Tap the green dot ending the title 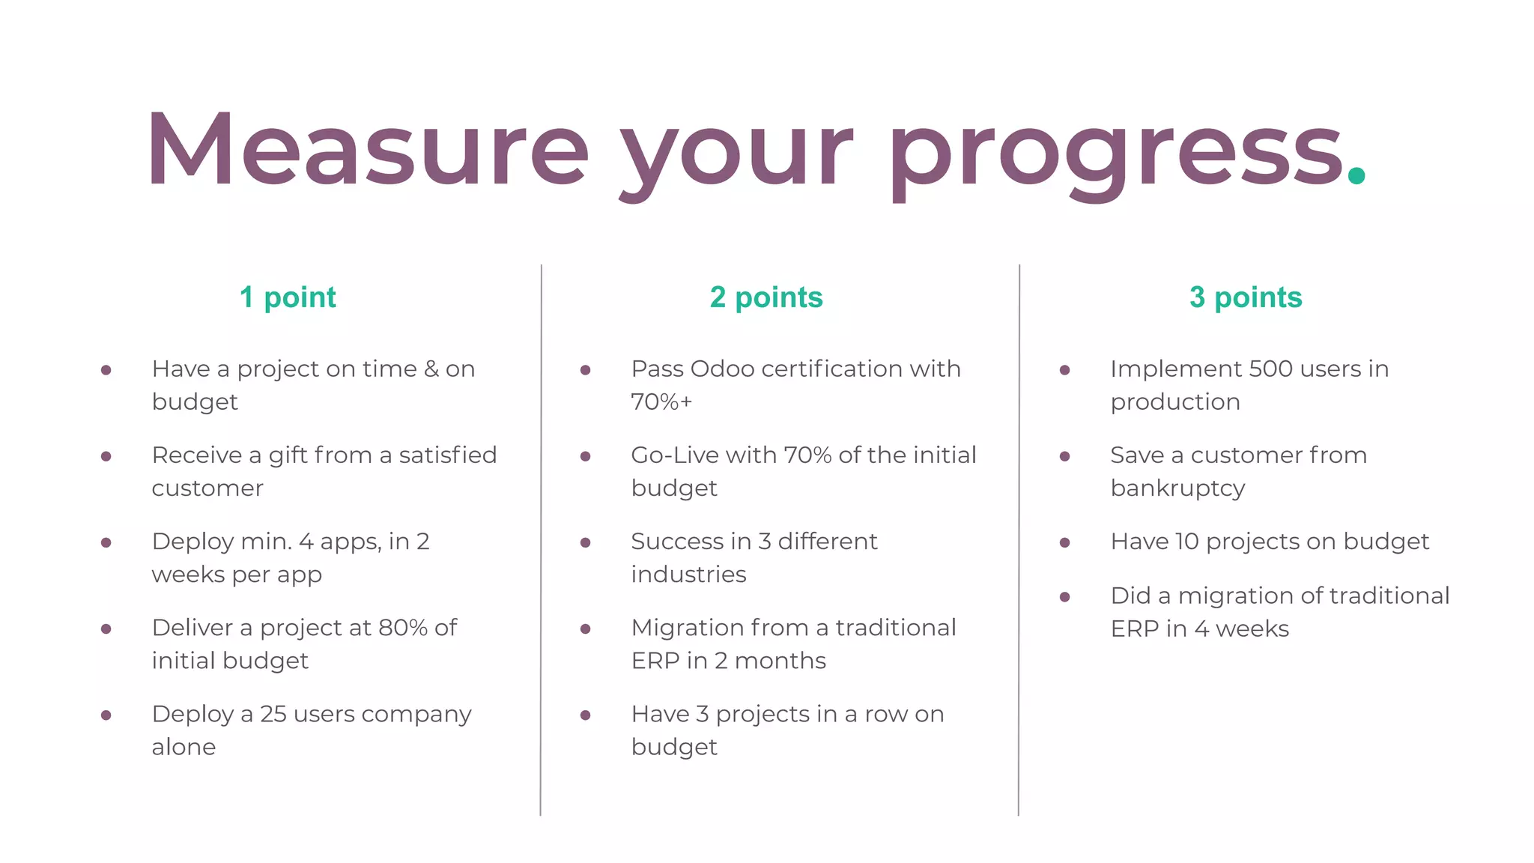click(1356, 176)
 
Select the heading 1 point click(288, 297)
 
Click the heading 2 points click(766, 297)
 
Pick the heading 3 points click(1246, 297)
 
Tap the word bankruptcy click(1177, 488)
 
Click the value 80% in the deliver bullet click(404, 628)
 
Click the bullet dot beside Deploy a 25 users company click(106, 715)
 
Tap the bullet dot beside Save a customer click(1064, 456)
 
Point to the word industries click(688, 575)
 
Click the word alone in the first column click(184, 748)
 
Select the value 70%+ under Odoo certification click(661, 402)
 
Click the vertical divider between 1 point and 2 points click(541, 539)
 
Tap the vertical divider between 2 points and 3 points click(1019, 539)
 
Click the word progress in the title click(1116, 154)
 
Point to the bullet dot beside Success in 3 click(586, 542)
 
